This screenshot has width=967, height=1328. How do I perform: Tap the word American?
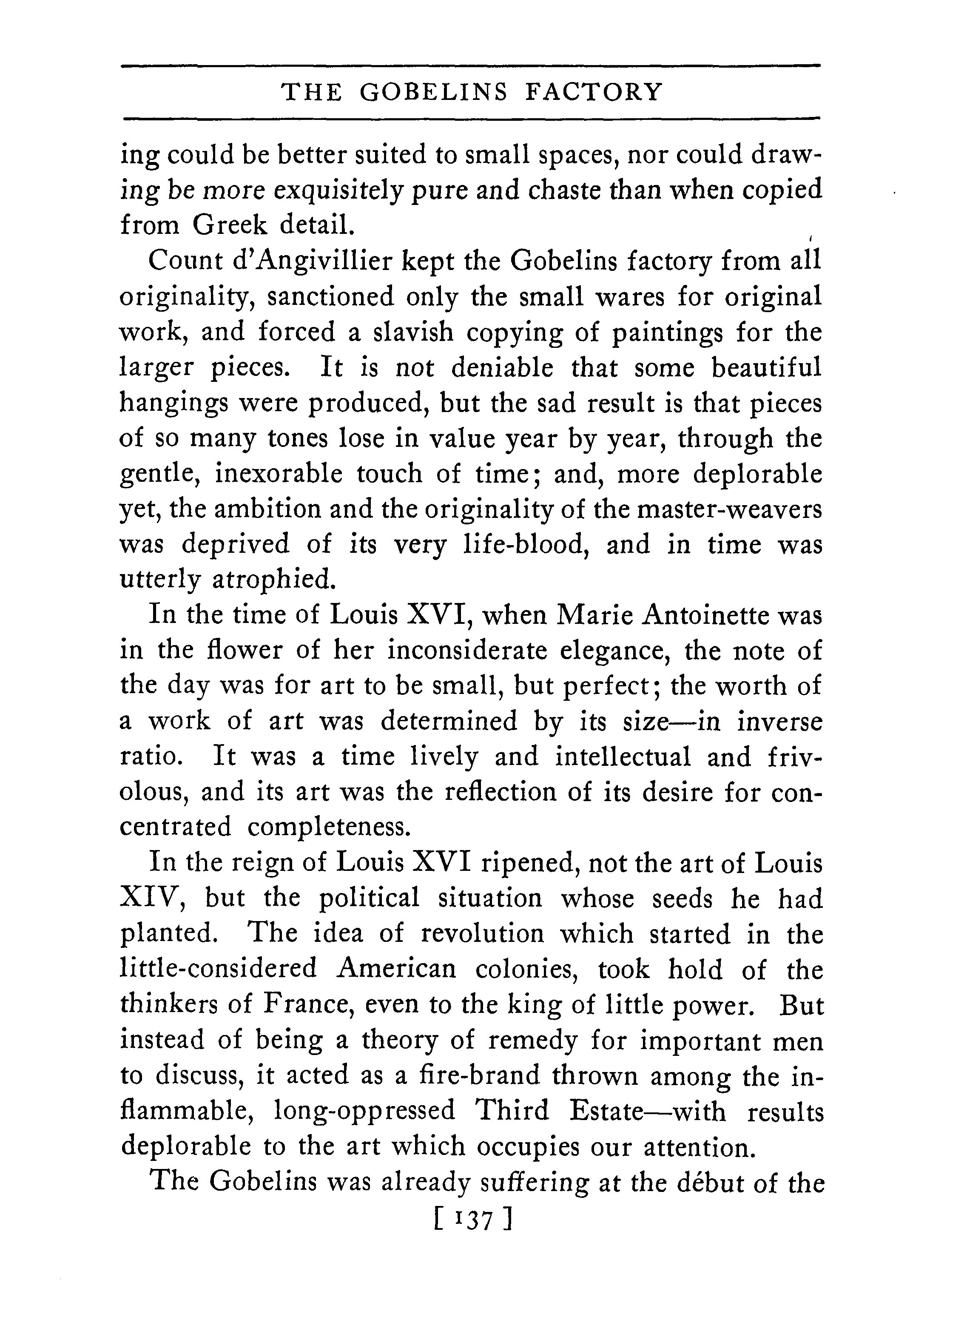click(396, 969)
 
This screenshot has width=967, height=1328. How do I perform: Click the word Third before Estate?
click(512, 1111)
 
